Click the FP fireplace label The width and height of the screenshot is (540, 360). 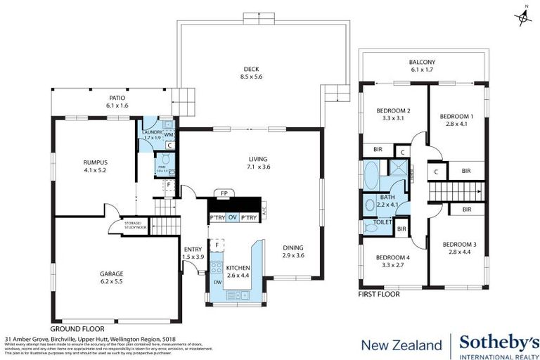[x=224, y=192]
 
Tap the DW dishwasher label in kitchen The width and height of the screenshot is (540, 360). [x=217, y=283]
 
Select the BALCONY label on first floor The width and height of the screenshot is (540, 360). [x=422, y=62]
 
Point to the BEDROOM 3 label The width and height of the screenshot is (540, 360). [x=460, y=244]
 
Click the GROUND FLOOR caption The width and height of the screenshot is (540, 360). [x=77, y=328]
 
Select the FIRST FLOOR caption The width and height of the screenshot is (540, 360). [x=379, y=295]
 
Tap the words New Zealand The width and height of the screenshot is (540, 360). [x=401, y=345]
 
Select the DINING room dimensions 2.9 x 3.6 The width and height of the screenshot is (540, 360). [x=293, y=256]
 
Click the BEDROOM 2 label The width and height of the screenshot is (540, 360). [x=393, y=110]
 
